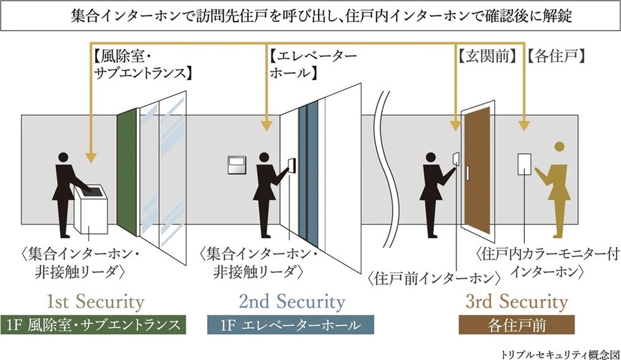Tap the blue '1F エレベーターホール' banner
291,325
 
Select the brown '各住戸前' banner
516,325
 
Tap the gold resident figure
554,190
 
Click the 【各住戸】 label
555,55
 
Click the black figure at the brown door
437,190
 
